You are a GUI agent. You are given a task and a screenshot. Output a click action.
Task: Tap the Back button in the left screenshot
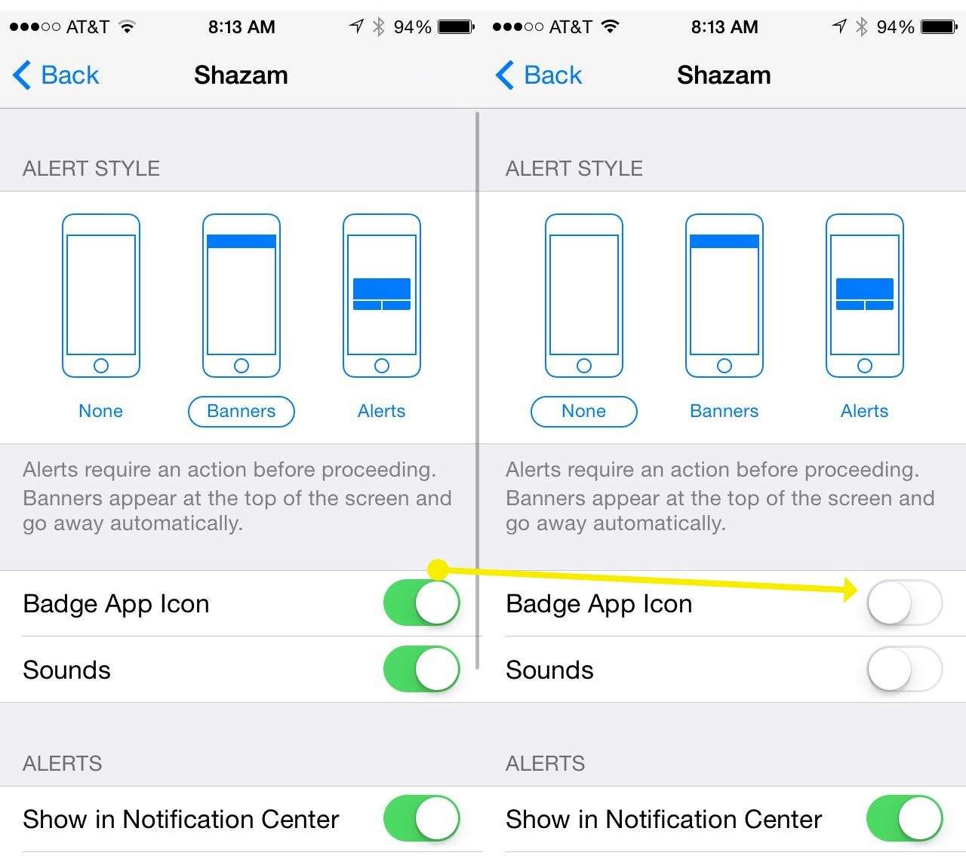tap(56, 75)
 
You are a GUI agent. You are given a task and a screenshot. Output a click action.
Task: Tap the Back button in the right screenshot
tap(539, 75)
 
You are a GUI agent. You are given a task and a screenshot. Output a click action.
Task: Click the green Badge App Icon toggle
tap(422, 603)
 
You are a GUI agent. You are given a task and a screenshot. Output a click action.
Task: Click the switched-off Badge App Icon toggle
tap(905, 603)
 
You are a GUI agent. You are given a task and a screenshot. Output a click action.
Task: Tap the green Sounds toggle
tap(422, 669)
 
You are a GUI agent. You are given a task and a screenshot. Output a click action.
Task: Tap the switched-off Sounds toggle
tap(905, 669)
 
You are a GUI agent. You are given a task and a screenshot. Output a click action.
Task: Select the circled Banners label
tap(241, 411)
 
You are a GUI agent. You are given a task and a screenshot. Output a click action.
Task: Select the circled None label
tap(583, 411)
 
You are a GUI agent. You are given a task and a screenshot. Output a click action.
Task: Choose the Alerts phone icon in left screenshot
tap(382, 296)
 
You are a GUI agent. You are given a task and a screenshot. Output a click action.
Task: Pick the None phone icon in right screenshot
tap(584, 296)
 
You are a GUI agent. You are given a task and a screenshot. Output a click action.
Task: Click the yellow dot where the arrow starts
tap(438, 569)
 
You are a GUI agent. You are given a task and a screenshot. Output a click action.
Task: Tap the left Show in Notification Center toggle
tap(422, 818)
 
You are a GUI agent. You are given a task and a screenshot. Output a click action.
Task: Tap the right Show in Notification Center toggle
tap(905, 818)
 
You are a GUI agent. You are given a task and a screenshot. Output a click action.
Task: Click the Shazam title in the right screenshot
tap(724, 75)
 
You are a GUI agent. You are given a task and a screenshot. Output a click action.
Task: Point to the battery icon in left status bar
tap(456, 26)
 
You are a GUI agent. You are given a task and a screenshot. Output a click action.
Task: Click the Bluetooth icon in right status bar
tap(862, 26)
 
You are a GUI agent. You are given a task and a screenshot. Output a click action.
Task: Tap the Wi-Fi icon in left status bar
tap(127, 26)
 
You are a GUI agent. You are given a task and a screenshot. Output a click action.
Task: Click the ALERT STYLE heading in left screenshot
tap(91, 168)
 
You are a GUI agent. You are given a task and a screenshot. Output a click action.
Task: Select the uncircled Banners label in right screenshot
tap(724, 411)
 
